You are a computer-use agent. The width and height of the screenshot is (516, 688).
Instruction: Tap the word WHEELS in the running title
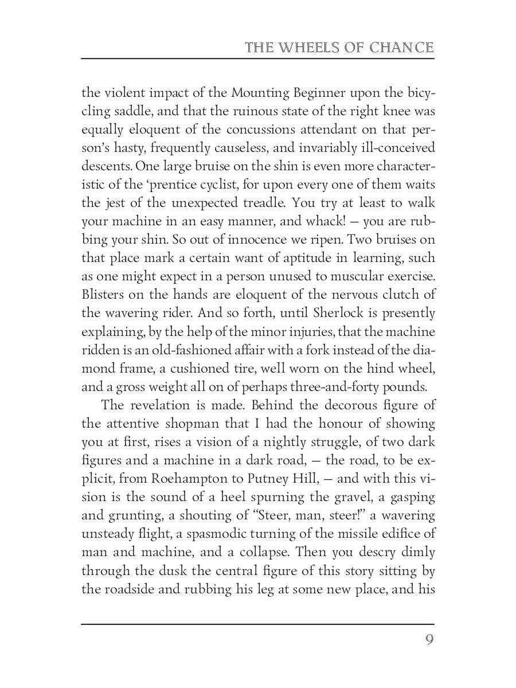point(306,48)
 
